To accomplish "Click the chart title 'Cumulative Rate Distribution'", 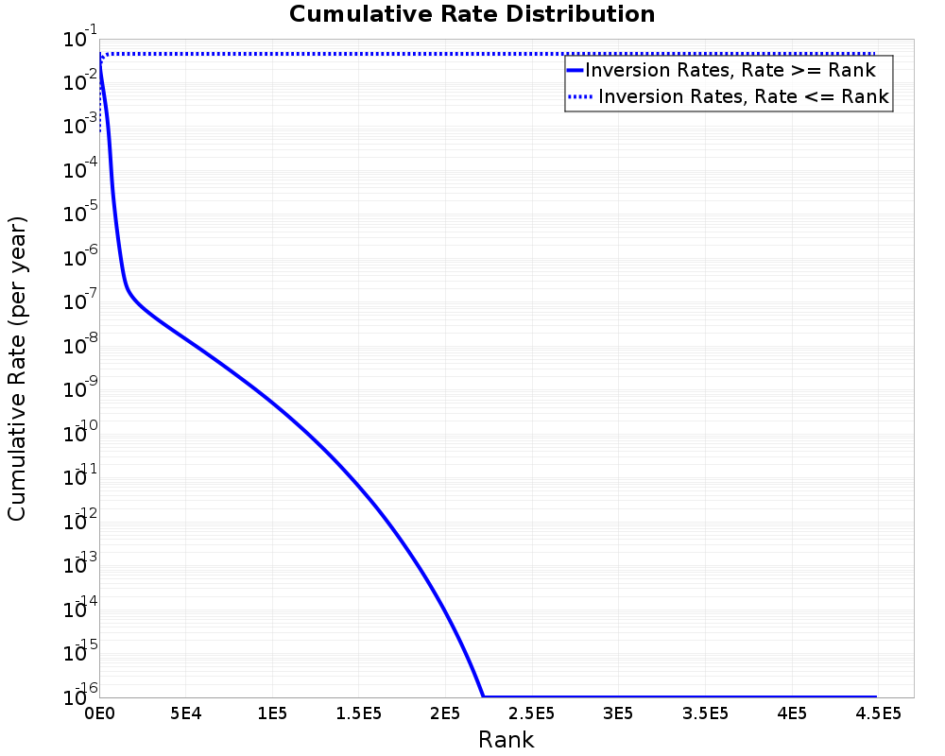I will (x=472, y=15).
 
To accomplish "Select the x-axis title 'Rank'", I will (x=506, y=740).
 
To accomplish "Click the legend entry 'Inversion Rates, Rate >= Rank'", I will (x=730, y=70).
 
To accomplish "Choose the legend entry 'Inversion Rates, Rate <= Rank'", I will (x=744, y=96).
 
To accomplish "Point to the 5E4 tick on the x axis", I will (x=186, y=712).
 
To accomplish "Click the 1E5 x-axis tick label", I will (x=272, y=712).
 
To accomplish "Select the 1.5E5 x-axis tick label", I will (x=359, y=712).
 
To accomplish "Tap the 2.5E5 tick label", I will (x=532, y=712).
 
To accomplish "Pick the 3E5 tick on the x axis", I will (x=619, y=712).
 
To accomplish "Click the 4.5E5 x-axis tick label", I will (x=878, y=712).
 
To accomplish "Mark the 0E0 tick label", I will (x=99, y=712).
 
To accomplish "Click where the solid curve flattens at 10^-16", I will (x=483, y=696).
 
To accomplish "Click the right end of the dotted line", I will (x=876, y=54).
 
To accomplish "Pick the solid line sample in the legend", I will (x=576, y=70).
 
